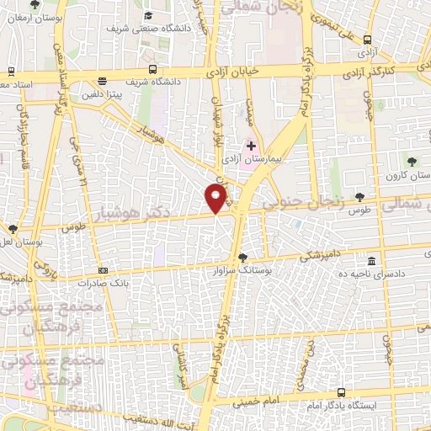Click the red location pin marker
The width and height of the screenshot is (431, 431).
pos(216,197)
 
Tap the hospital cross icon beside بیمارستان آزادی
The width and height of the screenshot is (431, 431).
pos(251,146)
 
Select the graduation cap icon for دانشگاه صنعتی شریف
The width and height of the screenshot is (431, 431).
pos(147,16)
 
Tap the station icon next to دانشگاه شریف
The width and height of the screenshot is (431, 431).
pos(152,69)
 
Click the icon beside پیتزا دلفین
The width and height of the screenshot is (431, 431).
pos(102,82)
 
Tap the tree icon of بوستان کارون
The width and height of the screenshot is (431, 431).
pos(411,161)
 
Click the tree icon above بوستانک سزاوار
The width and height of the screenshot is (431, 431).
pos(243,258)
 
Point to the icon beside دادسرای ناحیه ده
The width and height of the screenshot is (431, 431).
pos(373,261)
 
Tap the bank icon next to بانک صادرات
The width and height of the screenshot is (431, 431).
pos(103,270)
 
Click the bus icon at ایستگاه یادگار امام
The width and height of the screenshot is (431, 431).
pos(341,392)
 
